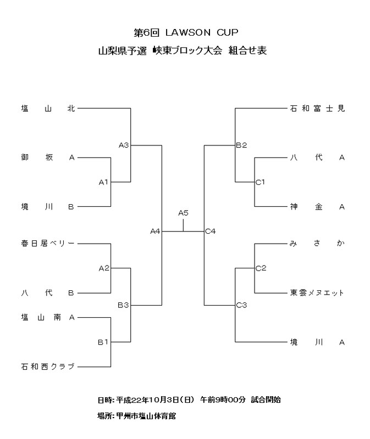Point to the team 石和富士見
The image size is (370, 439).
coord(317,109)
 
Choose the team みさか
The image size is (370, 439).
coord(317,243)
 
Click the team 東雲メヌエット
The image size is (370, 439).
coord(317,292)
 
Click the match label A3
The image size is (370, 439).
coord(124,145)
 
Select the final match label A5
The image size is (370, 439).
coord(184,213)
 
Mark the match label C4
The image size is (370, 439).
coord(211,232)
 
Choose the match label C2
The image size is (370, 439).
coord(261,268)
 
